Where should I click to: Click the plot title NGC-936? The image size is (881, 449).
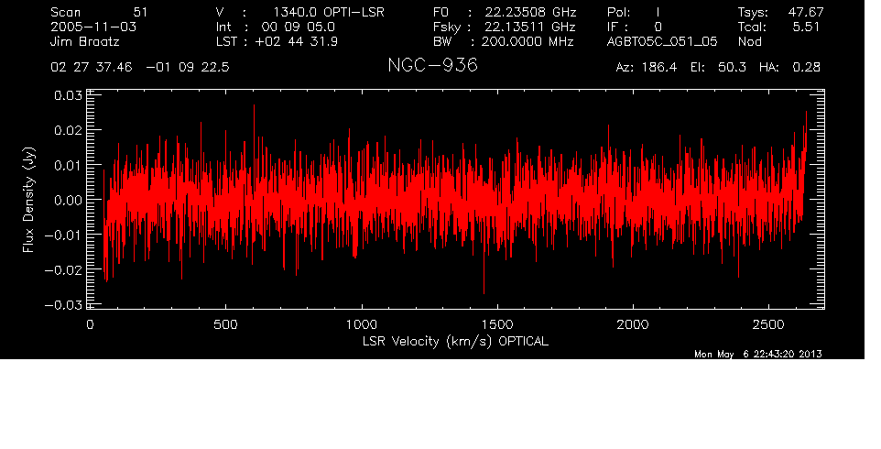[x=432, y=65]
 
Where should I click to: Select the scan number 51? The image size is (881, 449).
[x=140, y=12]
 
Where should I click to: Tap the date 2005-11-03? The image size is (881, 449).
[x=93, y=27]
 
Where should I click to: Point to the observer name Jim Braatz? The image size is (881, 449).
[x=85, y=41]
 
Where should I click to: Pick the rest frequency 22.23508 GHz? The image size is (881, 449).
[x=531, y=12]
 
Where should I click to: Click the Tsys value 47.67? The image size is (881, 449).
[x=806, y=12]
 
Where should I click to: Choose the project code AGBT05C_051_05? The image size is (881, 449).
[x=662, y=41]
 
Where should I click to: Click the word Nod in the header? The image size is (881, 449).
[x=750, y=41]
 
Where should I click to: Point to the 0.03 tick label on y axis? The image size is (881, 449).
[x=68, y=95]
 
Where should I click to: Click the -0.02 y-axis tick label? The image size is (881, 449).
[x=63, y=269]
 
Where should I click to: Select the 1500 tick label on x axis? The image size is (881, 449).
[x=497, y=324]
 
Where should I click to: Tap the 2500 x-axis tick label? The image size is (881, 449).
[x=768, y=324]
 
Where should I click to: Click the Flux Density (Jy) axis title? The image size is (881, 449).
[x=28, y=200]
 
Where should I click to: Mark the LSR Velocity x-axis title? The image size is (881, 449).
[x=455, y=342]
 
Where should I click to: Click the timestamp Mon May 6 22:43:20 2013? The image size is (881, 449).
[x=758, y=354]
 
